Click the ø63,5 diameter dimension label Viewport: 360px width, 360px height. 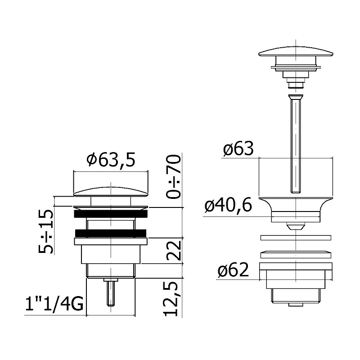pyautogui.click(x=111, y=160)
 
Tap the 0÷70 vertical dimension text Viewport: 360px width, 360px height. pyautogui.click(x=174, y=176)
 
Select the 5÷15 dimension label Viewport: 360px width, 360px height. pyautogui.click(x=45, y=231)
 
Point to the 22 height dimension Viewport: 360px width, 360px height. pyautogui.click(x=174, y=250)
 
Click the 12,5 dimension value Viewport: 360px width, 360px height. pyautogui.click(x=171, y=299)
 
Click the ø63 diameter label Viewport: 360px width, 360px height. pyautogui.click(x=238, y=148)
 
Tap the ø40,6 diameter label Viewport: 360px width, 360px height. pyautogui.click(x=228, y=205)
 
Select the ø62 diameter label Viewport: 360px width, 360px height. pyautogui.click(x=233, y=270)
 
